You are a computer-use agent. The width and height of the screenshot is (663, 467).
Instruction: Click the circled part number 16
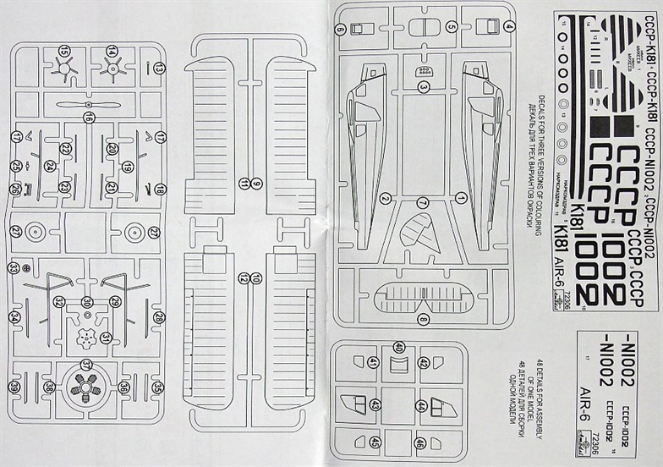[x=89, y=117]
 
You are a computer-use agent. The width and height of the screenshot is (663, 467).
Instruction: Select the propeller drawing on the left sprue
[x=89, y=104]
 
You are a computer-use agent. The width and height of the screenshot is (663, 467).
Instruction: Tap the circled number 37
[x=86, y=364]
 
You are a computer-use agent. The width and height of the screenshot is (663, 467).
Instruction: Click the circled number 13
[x=159, y=67]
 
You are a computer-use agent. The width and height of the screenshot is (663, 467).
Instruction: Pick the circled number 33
[x=14, y=267]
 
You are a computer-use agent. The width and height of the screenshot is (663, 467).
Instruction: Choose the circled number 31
[x=106, y=338]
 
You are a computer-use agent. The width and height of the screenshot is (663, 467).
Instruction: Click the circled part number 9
[x=256, y=184]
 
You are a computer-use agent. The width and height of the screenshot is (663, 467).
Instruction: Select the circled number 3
[x=424, y=86]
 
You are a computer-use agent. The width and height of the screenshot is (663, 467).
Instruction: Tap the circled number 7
[x=422, y=202]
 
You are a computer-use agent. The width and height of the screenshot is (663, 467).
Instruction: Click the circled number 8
[x=422, y=319]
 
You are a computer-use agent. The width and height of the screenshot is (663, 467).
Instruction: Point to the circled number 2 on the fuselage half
[x=385, y=199]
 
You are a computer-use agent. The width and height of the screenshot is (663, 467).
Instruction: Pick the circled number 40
[x=398, y=348]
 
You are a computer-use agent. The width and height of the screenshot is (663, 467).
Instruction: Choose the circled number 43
[x=374, y=406]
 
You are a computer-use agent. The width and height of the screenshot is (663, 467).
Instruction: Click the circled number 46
[x=420, y=442]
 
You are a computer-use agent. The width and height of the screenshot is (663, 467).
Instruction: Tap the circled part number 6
[x=341, y=30]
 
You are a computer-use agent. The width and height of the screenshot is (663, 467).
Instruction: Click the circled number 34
[x=14, y=317]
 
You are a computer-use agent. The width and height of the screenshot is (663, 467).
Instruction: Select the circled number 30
[x=87, y=302]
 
